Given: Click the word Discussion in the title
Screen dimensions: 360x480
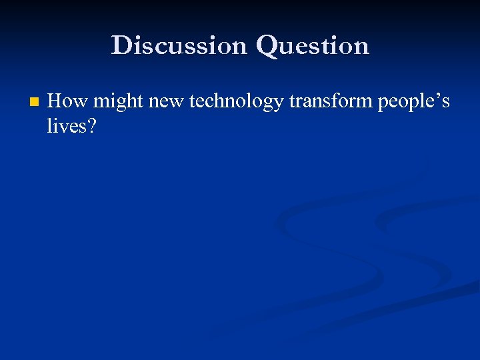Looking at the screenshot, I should pos(179,45).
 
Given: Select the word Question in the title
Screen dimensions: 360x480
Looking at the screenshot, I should pos(312,46).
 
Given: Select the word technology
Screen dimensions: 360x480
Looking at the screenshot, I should pos(236,103).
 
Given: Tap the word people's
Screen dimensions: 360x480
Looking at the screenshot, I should pos(414,103).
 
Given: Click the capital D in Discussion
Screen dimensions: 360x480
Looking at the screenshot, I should pos(121,45).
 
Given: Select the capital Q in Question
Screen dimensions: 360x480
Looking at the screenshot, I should pos(267,46).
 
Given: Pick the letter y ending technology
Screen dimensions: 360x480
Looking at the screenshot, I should pos(277,105).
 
